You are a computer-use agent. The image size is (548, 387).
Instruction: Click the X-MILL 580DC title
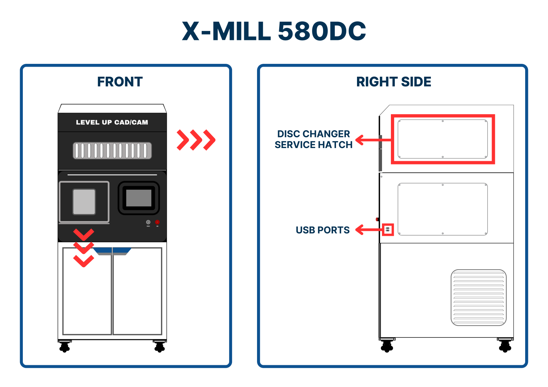pyautogui.click(x=274, y=31)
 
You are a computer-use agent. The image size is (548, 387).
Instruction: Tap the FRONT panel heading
pyautogui.click(x=120, y=82)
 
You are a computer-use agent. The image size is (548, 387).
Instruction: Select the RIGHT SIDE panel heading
pyautogui.click(x=393, y=82)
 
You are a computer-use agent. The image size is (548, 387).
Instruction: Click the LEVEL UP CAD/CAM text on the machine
pyautogui.click(x=112, y=122)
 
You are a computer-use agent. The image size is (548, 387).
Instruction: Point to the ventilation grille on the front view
pyautogui.click(x=112, y=151)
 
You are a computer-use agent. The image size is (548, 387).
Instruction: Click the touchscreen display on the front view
pyautogui.click(x=139, y=198)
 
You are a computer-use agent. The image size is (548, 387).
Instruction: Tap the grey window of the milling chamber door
pyautogui.click(x=84, y=202)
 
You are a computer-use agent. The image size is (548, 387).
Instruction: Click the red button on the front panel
pyautogui.click(x=157, y=222)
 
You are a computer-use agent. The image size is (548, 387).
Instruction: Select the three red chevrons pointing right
pyautogui.click(x=196, y=140)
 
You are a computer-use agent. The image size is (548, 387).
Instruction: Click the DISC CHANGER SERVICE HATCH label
pyautogui.click(x=313, y=139)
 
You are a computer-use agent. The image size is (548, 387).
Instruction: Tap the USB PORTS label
pyautogui.click(x=322, y=230)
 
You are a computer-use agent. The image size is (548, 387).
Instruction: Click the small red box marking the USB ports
pyautogui.click(x=388, y=230)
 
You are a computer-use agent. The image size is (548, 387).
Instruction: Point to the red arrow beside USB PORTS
pyautogui.click(x=368, y=230)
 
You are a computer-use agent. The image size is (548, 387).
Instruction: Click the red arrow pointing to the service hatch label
pyautogui.click(x=371, y=140)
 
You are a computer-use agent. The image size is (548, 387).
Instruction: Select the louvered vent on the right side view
pyautogui.click(x=478, y=297)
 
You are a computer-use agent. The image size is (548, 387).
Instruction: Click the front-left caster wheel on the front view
pyautogui.click(x=64, y=346)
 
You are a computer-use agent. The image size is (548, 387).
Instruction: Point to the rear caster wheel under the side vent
pyautogui.click(x=505, y=345)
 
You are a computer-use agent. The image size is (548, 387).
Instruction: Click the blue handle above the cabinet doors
pyautogui.click(x=112, y=251)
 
